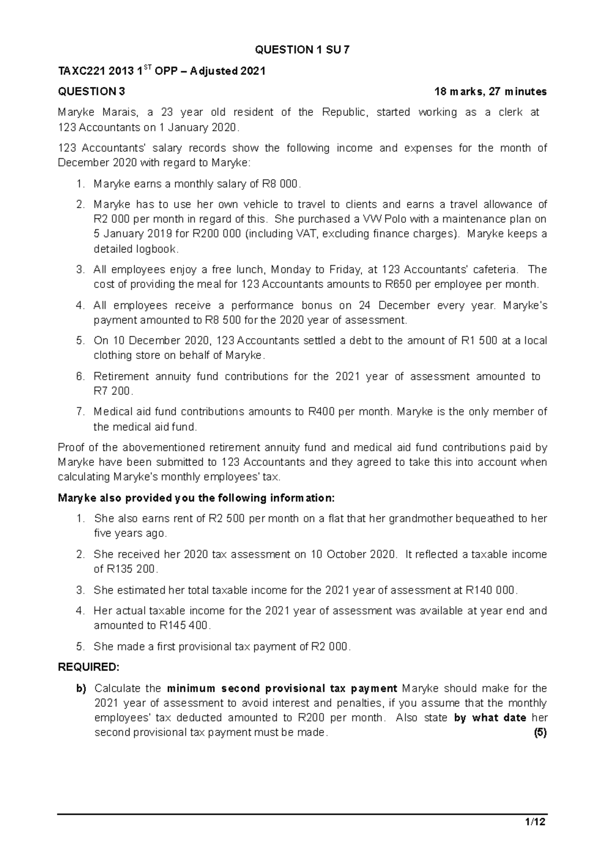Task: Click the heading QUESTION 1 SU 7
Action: (x=301, y=50)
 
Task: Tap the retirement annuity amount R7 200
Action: (x=112, y=391)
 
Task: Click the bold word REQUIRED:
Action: (x=89, y=667)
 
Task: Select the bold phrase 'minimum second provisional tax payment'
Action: (x=282, y=689)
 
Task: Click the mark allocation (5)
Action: (x=540, y=733)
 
